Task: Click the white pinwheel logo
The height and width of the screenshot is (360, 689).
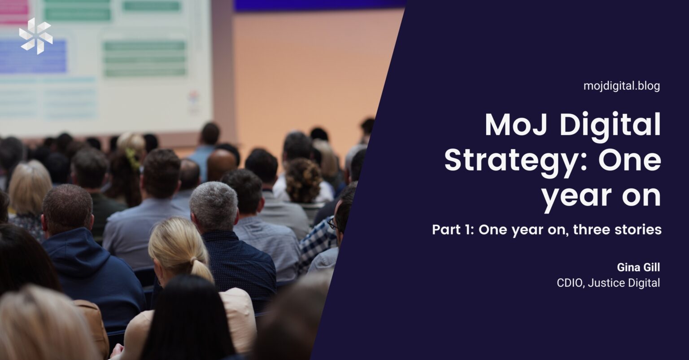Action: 36,36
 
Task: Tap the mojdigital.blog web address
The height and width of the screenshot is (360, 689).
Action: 622,86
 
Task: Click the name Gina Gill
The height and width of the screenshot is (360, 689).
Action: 639,268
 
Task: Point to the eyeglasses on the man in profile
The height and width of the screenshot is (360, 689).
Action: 333,224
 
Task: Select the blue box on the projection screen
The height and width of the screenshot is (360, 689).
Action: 33,56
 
